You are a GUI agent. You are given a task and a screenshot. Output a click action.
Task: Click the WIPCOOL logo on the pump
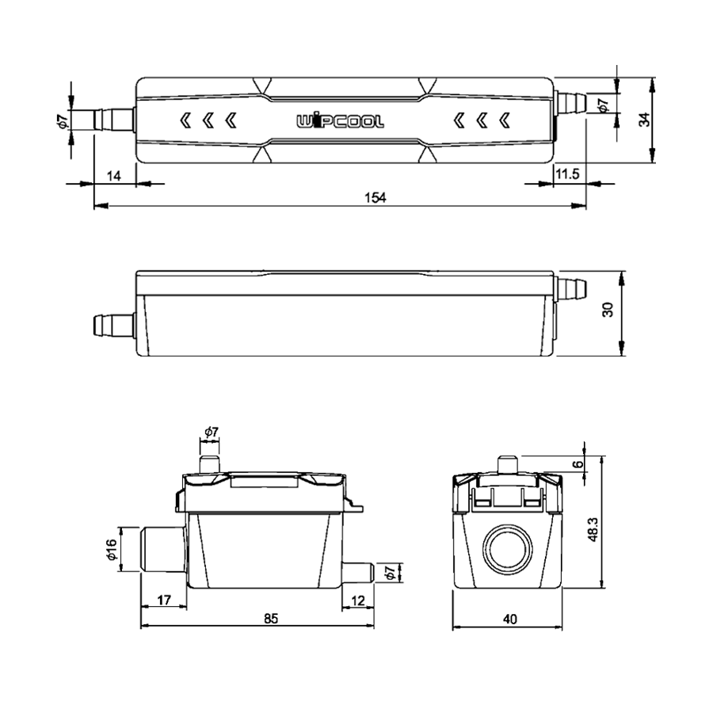tap(340, 121)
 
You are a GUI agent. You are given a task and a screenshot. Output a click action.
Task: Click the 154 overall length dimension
tap(376, 197)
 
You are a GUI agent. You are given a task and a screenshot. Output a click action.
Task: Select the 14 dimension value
tap(113, 176)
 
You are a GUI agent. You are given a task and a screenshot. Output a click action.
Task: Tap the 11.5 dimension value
tap(567, 173)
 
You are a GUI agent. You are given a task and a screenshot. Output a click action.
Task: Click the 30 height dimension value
tap(608, 309)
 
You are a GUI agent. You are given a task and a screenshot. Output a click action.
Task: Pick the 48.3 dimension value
tap(593, 529)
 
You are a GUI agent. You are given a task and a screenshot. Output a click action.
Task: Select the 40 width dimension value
tap(510, 619)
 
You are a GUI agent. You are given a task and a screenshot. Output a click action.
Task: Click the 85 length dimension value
tap(271, 618)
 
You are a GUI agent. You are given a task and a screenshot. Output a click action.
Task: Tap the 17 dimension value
tap(164, 600)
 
